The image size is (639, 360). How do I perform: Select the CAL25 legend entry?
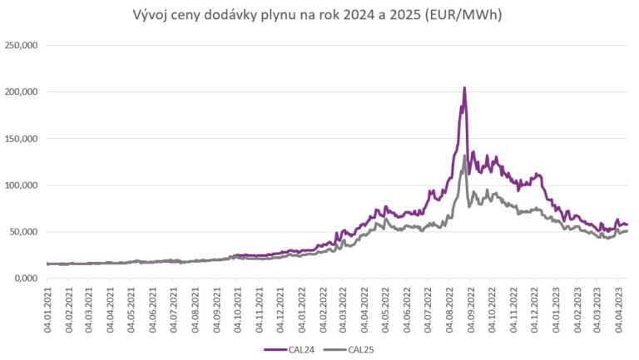tap(354, 348)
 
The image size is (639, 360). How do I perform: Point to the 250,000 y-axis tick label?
tap(23, 46)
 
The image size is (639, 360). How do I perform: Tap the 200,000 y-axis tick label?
tap(23, 92)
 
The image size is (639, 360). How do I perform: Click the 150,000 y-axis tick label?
tap(23, 139)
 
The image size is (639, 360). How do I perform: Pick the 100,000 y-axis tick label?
tap(23, 185)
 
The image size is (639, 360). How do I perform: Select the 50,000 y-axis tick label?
tap(26, 232)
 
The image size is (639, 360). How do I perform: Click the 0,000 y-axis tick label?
tap(28, 279)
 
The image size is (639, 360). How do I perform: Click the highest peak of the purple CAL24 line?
tap(464, 88)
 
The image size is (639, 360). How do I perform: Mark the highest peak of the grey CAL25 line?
tap(464, 155)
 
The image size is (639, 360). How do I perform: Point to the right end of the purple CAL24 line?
tap(627, 224)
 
